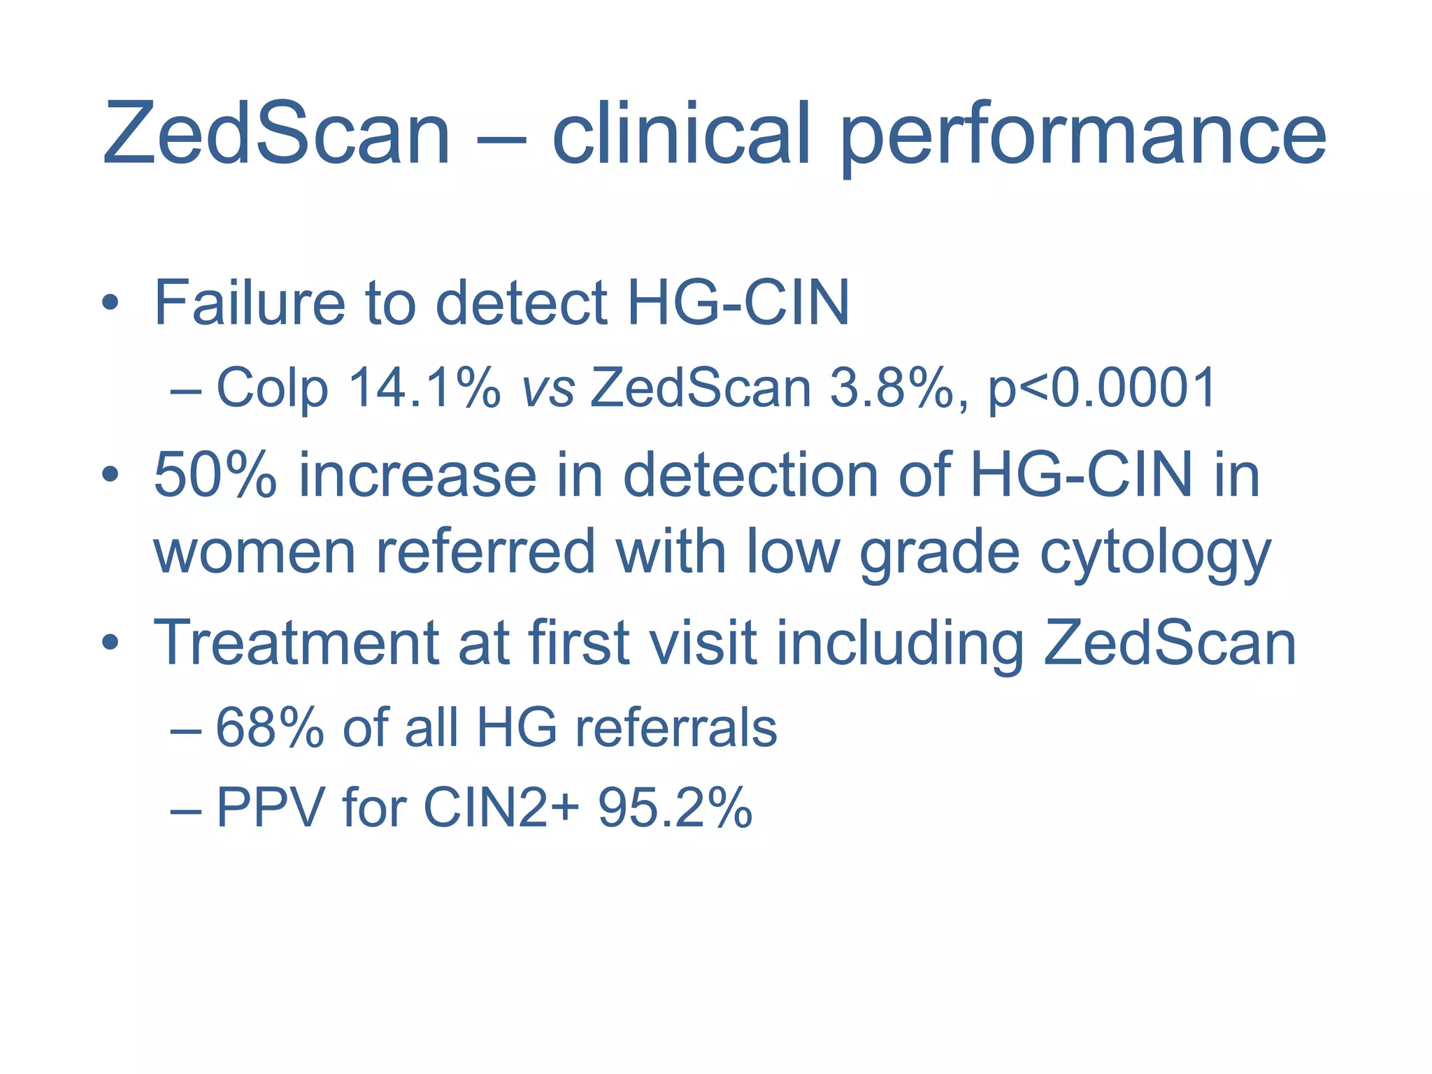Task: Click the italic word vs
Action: click(x=548, y=389)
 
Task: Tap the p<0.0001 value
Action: click(x=1101, y=389)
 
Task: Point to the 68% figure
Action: click(x=269, y=728)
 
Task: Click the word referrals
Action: click(x=675, y=728)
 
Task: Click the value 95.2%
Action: click(x=675, y=808)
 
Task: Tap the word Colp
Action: click(x=272, y=389)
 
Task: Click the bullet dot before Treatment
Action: click(x=110, y=643)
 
